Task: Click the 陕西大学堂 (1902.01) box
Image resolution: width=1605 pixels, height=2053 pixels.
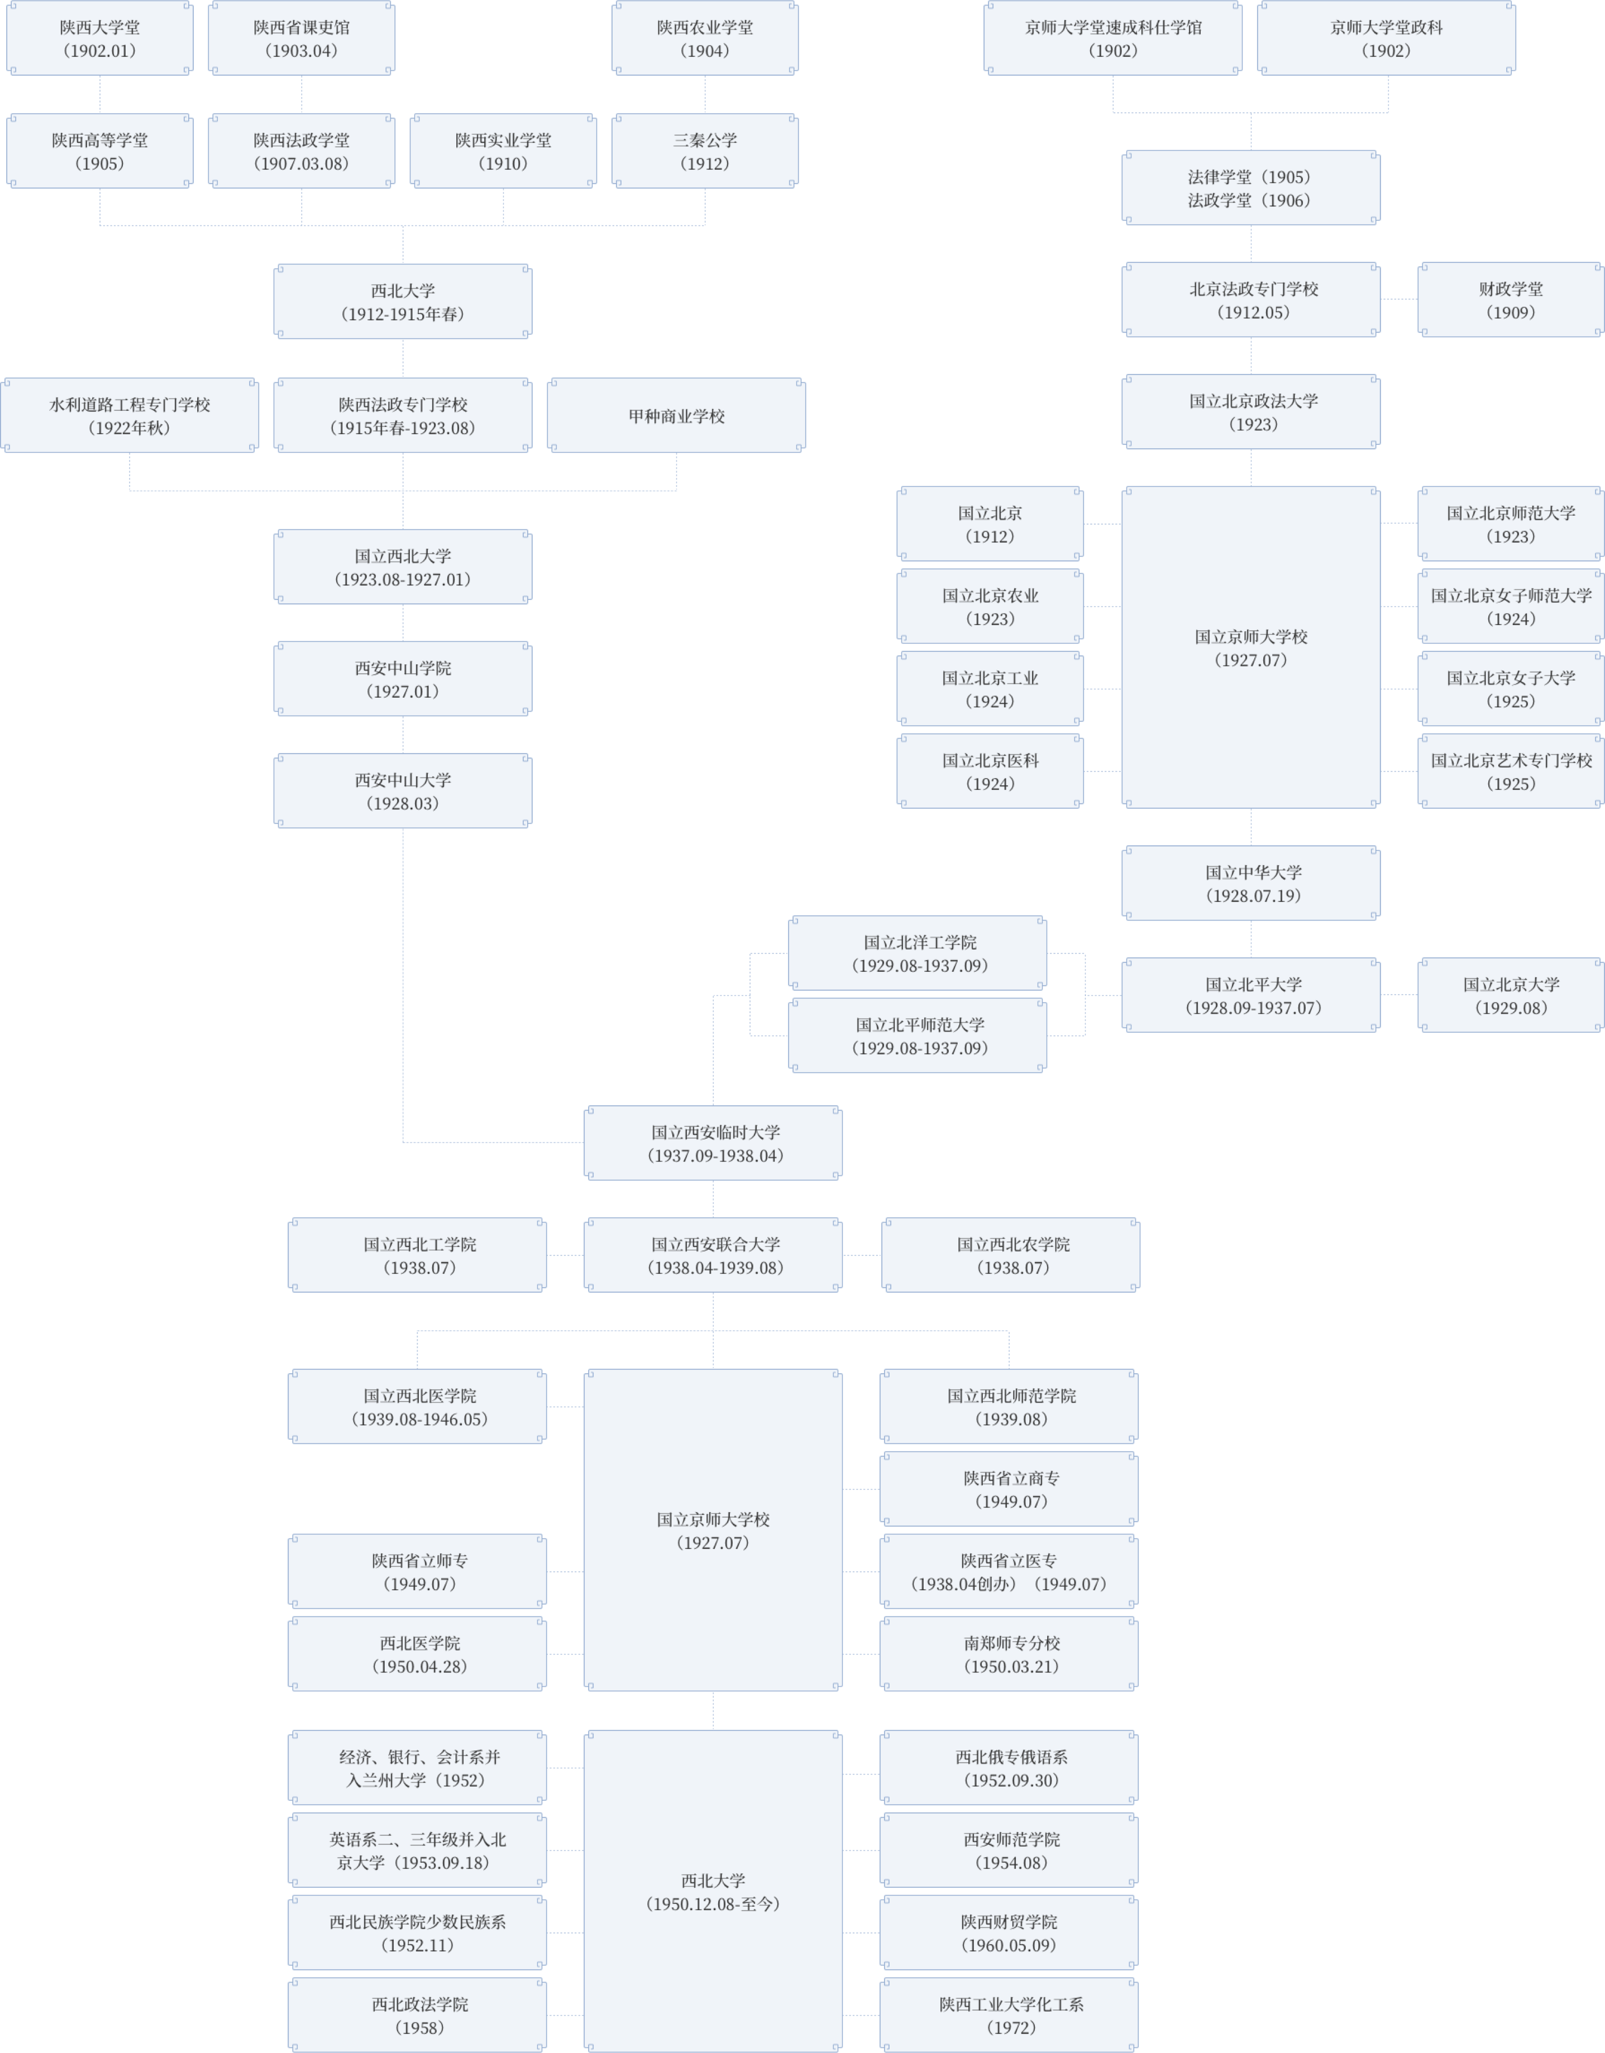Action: (x=99, y=39)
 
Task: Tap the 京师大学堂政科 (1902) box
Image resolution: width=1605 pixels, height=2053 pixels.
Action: (x=1386, y=39)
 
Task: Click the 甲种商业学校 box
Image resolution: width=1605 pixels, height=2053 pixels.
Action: (x=676, y=415)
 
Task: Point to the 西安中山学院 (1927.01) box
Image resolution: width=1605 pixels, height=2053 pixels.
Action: (x=403, y=679)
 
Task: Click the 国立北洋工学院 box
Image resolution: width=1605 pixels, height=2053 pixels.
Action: (x=918, y=953)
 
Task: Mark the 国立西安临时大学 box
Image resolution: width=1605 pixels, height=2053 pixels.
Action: (x=713, y=1143)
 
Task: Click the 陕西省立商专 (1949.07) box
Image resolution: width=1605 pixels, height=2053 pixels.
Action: (x=1009, y=1489)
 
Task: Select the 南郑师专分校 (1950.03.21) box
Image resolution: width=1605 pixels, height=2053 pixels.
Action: (x=1009, y=1654)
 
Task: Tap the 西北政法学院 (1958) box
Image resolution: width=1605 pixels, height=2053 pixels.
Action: (x=418, y=2016)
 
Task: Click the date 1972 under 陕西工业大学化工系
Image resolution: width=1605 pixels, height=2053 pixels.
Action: (x=1011, y=2028)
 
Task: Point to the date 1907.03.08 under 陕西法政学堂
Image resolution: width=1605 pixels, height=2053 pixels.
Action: (x=301, y=164)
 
